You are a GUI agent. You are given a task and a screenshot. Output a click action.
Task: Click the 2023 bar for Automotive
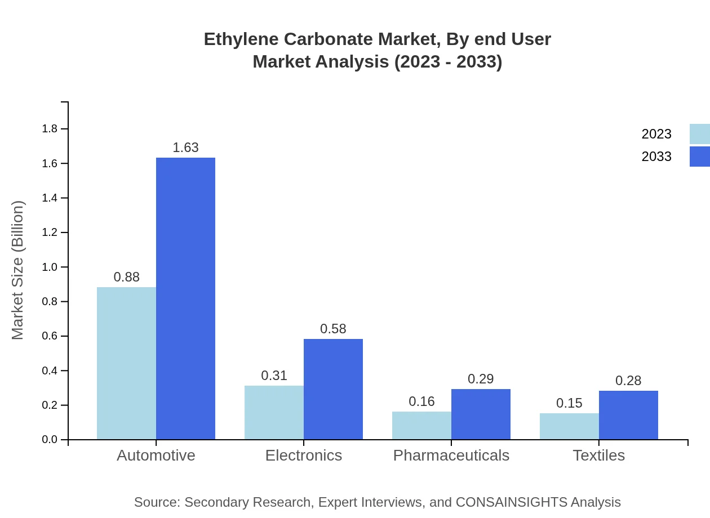(x=126, y=363)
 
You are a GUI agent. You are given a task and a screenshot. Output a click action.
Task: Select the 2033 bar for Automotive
(x=185, y=298)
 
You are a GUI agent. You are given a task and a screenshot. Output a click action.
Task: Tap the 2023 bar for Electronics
(x=274, y=412)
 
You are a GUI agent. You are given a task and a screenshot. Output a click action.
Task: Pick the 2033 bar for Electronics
(x=333, y=389)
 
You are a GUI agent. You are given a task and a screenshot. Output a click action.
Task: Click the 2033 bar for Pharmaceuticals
(x=481, y=414)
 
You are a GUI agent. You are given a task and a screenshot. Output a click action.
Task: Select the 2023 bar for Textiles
(x=569, y=426)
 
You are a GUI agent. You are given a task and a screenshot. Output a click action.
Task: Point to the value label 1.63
(x=185, y=148)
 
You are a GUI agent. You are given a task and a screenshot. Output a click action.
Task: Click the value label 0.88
(x=126, y=277)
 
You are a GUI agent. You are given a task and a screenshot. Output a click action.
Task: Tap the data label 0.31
(x=274, y=376)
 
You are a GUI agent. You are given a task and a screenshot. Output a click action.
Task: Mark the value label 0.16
(x=421, y=401)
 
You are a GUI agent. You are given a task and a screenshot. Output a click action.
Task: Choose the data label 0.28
(x=628, y=381)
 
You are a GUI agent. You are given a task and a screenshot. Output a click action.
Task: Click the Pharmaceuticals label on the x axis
(x=451, y=455)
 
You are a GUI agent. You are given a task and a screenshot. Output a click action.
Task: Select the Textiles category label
(x=598, y=455)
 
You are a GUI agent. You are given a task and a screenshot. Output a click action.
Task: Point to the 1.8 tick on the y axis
(x=50, y=129)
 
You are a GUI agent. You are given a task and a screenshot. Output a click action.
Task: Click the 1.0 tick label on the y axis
(x=50, y=267)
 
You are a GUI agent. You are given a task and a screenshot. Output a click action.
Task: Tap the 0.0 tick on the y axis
(x=50, y=440)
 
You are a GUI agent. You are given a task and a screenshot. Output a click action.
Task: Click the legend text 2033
(x=656, y=157)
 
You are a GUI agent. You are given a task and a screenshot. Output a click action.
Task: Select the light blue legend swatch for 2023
(x=699, y=134)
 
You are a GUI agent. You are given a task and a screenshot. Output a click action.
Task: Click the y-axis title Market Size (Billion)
(x=18, y=270)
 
